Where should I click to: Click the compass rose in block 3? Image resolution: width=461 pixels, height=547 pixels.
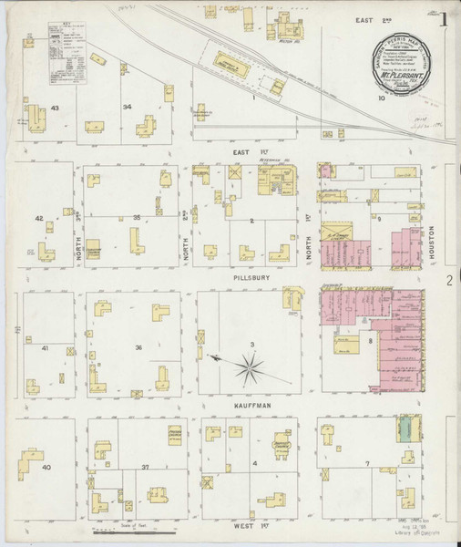[x=248, y=367]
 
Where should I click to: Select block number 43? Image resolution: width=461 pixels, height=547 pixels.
[x=55, y=108]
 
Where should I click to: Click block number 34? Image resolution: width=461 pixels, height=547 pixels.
[x=128, y=107]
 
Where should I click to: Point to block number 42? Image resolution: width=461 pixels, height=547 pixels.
[x=38, y=219]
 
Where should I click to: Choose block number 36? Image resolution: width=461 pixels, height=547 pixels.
[x=138, y=347]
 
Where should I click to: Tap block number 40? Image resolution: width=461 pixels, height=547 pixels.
[x=46, y=467]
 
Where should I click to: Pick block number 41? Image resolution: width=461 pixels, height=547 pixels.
[x=44, y=348]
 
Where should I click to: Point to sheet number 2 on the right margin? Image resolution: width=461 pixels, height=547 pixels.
[x=448, y=282]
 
